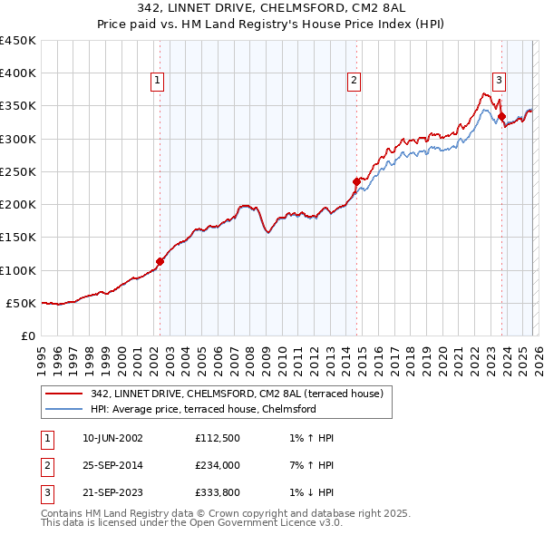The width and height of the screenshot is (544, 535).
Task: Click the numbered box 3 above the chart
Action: (x=499, y=80)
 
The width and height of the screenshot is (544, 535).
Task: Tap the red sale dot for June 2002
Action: (x=160, y=261)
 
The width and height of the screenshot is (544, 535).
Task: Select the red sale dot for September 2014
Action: (x=356, y=181)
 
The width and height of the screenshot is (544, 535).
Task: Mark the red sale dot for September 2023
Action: (x=501, y=116)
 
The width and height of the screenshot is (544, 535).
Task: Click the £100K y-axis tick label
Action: (x=18, y=270)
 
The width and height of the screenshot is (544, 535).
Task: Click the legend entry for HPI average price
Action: (x=202, y=410)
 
